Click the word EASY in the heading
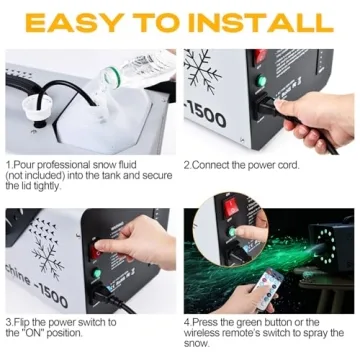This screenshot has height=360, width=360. point(75,23)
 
